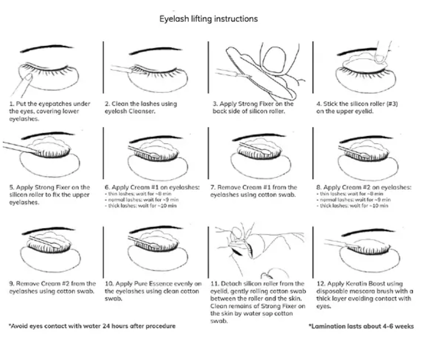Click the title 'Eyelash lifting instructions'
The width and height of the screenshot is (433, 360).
(x=208, y=19)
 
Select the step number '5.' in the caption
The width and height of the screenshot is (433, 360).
(x=12, y=187)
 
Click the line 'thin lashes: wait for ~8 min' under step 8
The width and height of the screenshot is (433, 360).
(x=355, y=194)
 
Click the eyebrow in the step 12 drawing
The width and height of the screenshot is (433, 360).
(x=361, y=230)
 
